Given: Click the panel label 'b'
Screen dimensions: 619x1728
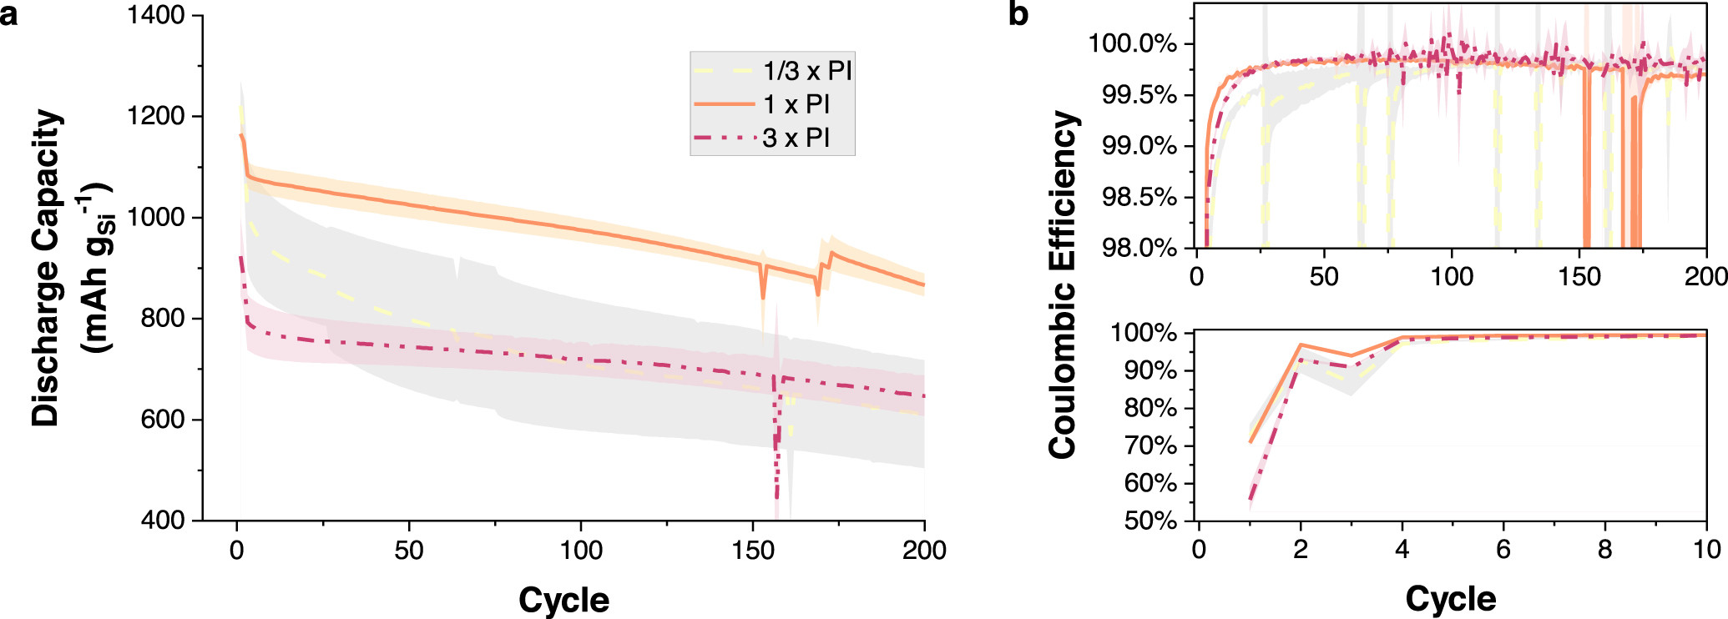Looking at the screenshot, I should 1018,14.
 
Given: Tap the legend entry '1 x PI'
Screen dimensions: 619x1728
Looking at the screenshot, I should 796,104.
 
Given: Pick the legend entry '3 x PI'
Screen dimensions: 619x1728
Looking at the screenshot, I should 796,138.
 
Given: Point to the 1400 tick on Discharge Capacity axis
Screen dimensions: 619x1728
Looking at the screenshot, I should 156,15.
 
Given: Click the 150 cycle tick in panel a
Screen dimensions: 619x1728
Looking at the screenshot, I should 753,551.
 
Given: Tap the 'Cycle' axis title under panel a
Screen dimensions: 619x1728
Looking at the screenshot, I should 563,600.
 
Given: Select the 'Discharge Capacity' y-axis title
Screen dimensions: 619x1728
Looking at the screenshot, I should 48,267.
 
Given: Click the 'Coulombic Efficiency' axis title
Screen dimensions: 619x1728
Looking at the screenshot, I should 1063,284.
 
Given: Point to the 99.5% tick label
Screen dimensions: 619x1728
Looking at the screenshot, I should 1139,95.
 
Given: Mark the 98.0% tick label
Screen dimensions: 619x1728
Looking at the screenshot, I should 1139,248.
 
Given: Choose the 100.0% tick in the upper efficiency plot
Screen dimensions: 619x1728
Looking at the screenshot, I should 1133,43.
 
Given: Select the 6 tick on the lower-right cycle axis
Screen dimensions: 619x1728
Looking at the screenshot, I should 1503,549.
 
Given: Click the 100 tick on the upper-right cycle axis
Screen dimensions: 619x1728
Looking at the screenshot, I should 1452,276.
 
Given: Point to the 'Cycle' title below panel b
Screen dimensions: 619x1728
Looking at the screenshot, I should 1451,599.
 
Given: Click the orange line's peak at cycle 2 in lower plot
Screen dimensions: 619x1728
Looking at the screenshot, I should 1301,345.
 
